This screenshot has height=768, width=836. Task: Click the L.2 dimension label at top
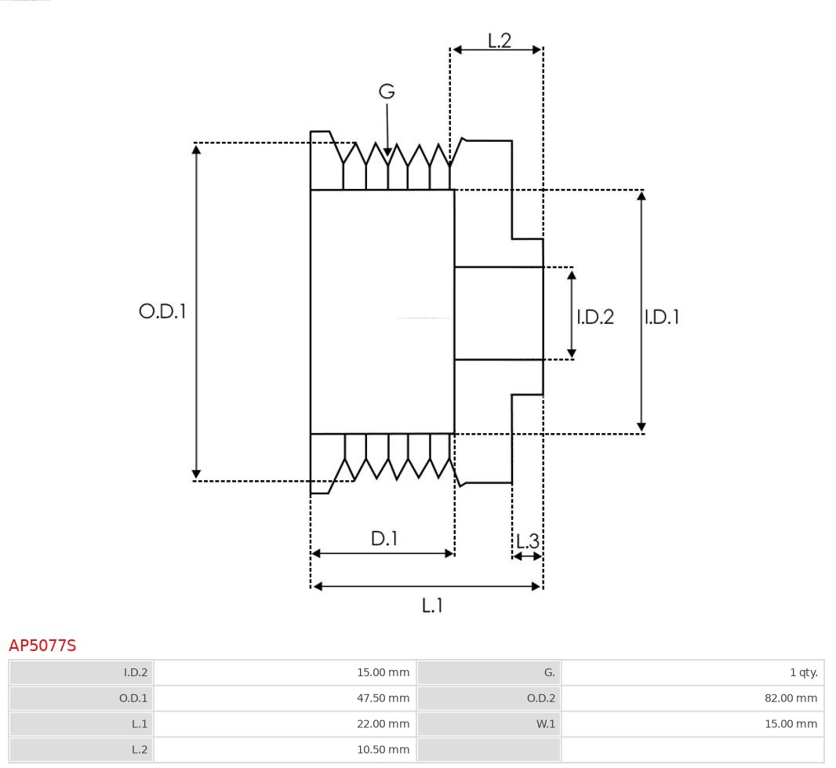pos(499,40)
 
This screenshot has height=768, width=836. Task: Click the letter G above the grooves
pos(387,92)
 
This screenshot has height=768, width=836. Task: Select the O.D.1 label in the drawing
pos(162,311)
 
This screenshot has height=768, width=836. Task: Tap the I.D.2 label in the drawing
pos(595,317)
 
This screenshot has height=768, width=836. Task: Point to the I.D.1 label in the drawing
pos(662,317)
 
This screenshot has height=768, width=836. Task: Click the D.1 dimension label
pos(383,539)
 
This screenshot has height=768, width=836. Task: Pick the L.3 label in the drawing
pos(528,541)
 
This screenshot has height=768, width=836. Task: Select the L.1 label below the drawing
pos(432,605)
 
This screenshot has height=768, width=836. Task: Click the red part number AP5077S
pos(42,646)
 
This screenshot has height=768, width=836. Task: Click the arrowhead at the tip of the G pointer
pos(387,151)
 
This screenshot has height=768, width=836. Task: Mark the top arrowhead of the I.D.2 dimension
pos(572,274)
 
